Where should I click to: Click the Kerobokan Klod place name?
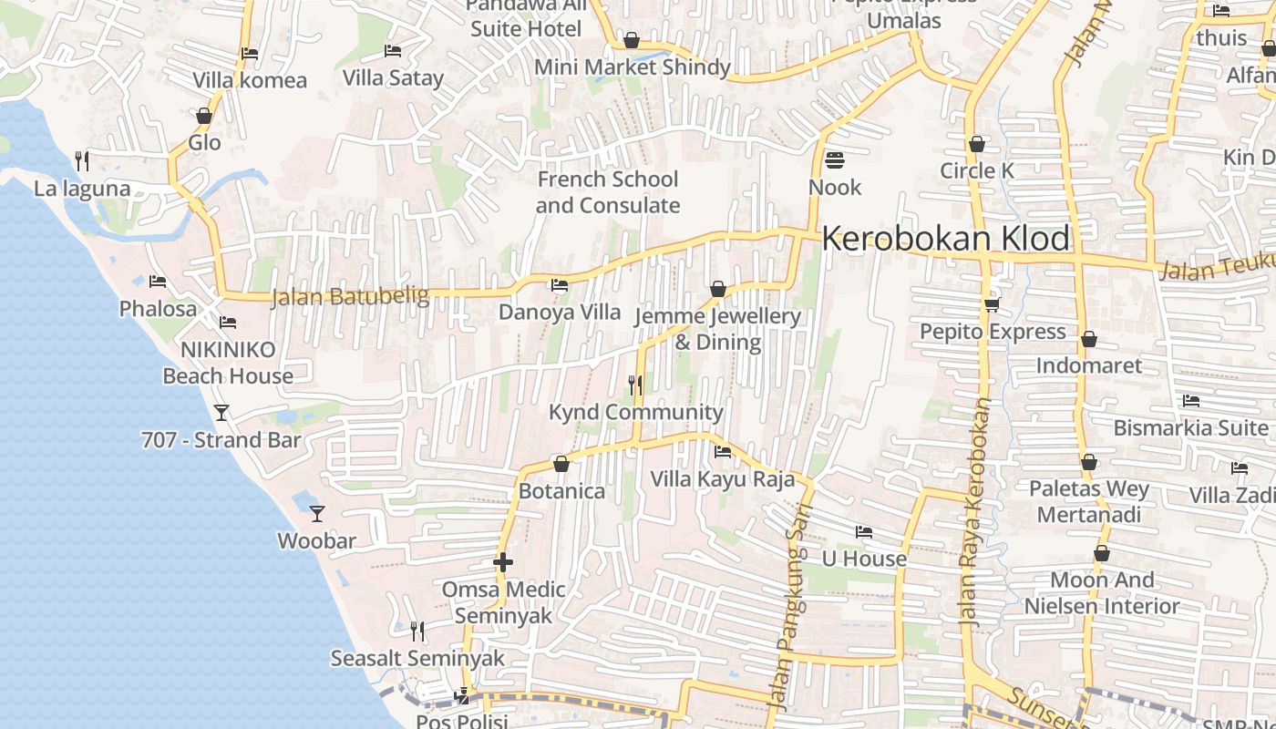pyautogui.click(x=945, y=239)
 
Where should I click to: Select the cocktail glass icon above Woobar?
pyautogui.click(x=316, y=514)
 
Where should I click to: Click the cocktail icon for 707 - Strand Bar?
pyautogui.click(x=221, y=413)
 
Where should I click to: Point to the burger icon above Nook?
pyautogui.click(x=834, y=160)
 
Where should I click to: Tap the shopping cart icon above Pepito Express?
pyautogui.click(x=992, y=304)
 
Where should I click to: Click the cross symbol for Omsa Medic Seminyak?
pyautogui.click(x=502, y=562)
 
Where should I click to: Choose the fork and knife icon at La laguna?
pyautogui.click(x=82, y=161)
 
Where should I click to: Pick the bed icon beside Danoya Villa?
pyautogui.click(x=560, y=285)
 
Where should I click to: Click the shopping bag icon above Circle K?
pyautogui.click(x=976, y=144)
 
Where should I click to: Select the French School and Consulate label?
pyautogui.click(x=607, y=192)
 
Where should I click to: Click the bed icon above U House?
pyautogui.click(x=863, y=531)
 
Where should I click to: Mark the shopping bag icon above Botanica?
pyautogui.click(x=561, y=465)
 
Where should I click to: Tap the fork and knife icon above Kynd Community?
pyautogui.click(x=635, y=385)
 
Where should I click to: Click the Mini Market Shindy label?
pyautogui.click(x=632, y=67)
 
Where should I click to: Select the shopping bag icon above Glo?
pyautogui.click(x=204, y=116)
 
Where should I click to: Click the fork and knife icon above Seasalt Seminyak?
pyautogui.click(x=417, y=631)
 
